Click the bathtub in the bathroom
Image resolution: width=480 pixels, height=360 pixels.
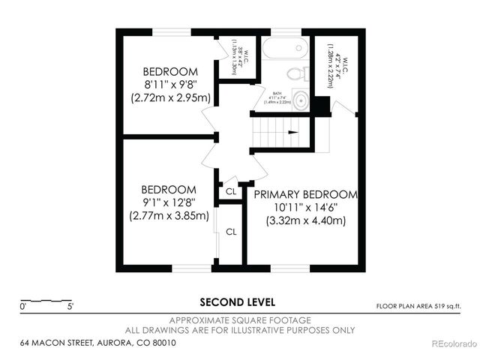(283, 49)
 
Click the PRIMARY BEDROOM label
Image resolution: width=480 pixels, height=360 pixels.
(305, 194)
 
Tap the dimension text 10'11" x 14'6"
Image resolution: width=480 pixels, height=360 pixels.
(305, 208)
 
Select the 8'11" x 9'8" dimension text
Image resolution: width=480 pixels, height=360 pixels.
(170, 85)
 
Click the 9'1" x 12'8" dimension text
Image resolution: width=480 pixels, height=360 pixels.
(169, 202)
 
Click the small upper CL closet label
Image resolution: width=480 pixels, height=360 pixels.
(231, 192)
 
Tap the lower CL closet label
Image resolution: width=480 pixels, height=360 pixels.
(231, 232)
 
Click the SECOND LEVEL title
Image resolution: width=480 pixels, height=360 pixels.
(237, 302)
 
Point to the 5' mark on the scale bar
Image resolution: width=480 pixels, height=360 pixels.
(70, 307)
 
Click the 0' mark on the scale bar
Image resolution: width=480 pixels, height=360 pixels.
(24, 307)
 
